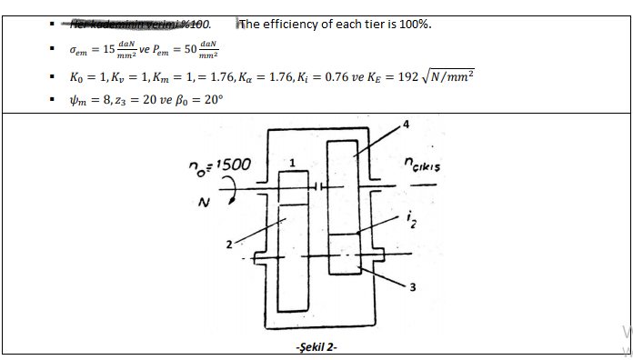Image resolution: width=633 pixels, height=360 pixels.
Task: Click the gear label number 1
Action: [292, 163]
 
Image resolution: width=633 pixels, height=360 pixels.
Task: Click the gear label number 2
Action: [230, 245]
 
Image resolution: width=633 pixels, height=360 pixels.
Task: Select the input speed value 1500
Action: [228, 165]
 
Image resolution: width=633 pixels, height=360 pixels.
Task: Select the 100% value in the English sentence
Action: [414, 24]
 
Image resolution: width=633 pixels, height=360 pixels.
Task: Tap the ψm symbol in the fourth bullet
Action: [80, 100]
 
